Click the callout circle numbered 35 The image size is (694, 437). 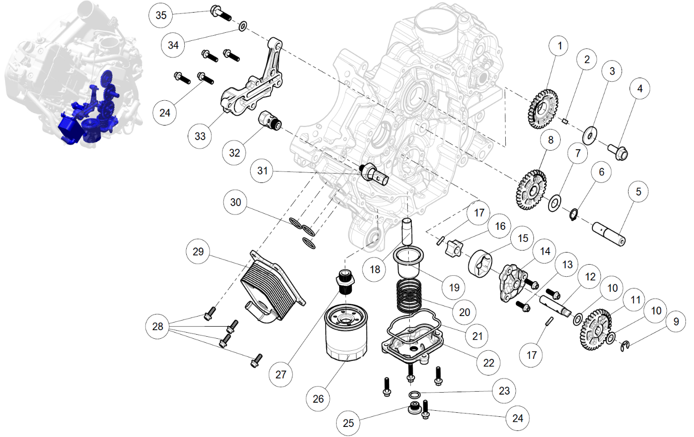click(x=161, y=15)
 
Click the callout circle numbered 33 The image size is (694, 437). click(x=200, y=136)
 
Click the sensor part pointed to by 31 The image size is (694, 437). click(x=375, y=173)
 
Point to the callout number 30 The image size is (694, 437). click(x=236, y=203)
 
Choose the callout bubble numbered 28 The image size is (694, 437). click(x=158, y=326)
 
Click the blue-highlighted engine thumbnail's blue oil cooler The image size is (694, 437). click(x=69, y=130)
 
